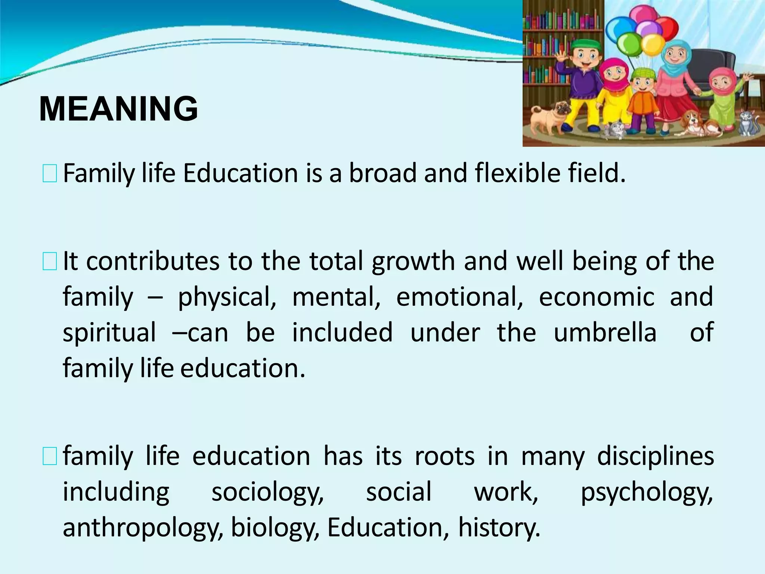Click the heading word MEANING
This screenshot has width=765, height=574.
point(118,109)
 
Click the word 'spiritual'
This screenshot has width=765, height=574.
point(109,332)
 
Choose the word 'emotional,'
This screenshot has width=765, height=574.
point(459,297)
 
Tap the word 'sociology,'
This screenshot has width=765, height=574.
point(267,492)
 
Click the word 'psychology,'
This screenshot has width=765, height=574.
point(647,492)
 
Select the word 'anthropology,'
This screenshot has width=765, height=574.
point(143,527)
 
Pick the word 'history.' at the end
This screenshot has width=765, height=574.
point(499,527)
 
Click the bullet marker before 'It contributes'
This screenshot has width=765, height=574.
point(49,261)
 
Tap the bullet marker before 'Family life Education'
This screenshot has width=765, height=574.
point(49,174)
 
